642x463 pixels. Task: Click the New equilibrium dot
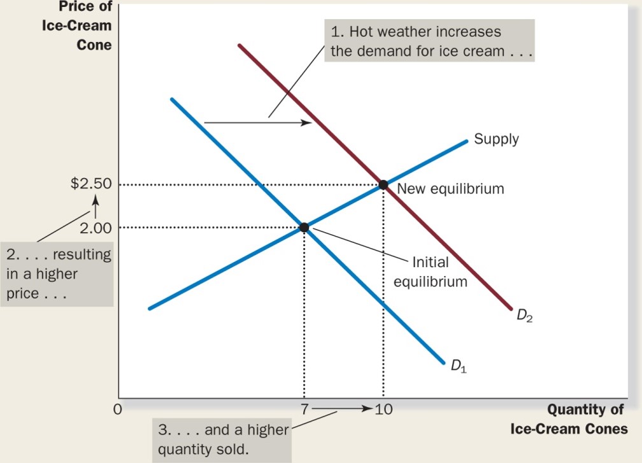383,185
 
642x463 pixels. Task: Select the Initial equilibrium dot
304,227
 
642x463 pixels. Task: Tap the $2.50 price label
91,184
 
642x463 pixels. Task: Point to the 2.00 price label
96,227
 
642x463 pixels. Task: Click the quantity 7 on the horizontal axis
304,409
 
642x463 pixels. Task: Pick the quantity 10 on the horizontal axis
384,409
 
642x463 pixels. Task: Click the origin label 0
117,409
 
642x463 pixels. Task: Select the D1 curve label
459,367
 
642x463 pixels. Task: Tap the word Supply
496,138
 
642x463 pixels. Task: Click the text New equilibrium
450,189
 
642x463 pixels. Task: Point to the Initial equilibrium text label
431,272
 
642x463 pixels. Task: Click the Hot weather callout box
430,41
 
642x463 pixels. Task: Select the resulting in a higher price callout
57,274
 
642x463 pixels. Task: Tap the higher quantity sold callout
221,439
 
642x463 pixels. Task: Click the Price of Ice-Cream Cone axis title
85,26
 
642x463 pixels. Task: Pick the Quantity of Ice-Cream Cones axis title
568,419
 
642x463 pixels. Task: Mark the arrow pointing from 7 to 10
343,409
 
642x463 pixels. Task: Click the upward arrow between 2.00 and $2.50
96,205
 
